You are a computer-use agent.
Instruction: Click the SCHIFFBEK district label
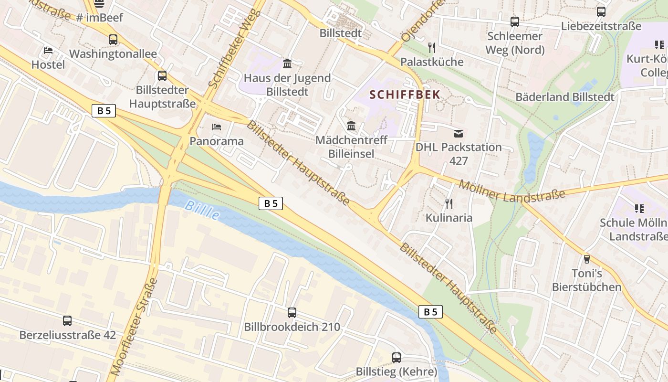[x=405, y=95]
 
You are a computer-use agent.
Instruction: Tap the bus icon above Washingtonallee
[x=113, y=40]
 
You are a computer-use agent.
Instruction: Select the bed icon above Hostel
[x=48, y=51]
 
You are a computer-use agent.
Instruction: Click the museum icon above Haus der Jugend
[x=287, y=64]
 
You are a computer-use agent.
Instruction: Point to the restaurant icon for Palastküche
[x=432, y=47]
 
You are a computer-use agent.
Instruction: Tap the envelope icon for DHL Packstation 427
[x=459, y=133]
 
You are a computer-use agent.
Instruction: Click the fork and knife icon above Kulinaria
[x=449, y=204]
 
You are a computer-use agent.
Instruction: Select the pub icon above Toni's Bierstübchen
[x=587, y=259]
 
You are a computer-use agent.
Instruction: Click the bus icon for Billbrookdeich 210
[x=292, y=313]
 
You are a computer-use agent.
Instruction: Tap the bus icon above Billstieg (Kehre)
[x=397, y=357]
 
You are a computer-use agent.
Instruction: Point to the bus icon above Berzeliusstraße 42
[x=67, y=321]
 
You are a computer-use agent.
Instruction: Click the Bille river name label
[x=202, y=210]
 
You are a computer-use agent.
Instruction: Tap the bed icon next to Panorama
[x=217, y=127]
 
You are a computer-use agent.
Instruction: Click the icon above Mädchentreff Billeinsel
[x=352, y=126]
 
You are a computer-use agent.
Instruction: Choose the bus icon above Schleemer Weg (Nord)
[x=515, y=21]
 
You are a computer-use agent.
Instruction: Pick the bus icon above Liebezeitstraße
[x=601, y=12]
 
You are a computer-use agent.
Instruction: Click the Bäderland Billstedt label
[x=565, y=97]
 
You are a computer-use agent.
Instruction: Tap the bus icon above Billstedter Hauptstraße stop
[x=162, y=75]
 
